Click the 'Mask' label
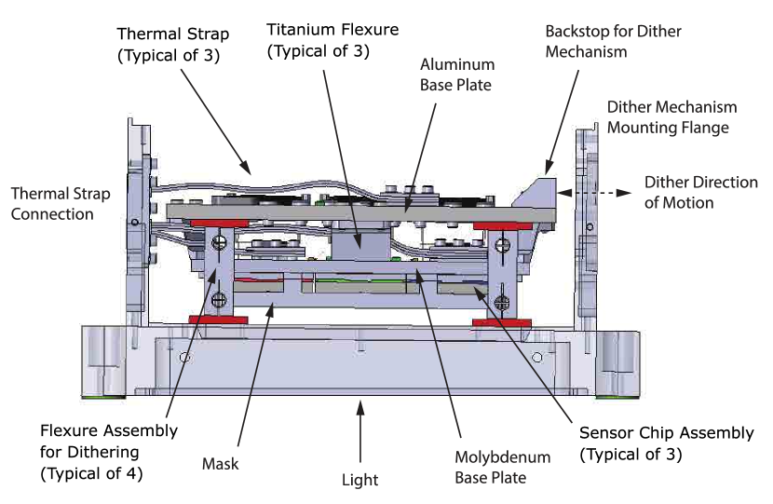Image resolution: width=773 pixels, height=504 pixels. click(220, 463)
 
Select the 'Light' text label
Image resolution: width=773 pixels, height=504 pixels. click(359, 480)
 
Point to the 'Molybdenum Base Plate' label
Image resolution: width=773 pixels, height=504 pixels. click(502, 468)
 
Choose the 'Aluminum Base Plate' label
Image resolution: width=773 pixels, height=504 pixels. click(456, 75)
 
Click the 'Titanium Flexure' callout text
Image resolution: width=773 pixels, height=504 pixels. click(332, 40)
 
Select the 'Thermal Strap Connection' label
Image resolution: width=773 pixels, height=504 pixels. click(60, 204)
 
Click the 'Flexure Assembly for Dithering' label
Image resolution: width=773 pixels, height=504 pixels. click(108, 452)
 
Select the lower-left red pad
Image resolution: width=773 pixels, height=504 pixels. click(215, 320)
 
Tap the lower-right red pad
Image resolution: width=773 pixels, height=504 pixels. click(496, 322)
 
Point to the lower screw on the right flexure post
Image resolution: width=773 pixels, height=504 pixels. click(502, 301)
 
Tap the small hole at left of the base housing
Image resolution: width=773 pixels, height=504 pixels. click(185, 357)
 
